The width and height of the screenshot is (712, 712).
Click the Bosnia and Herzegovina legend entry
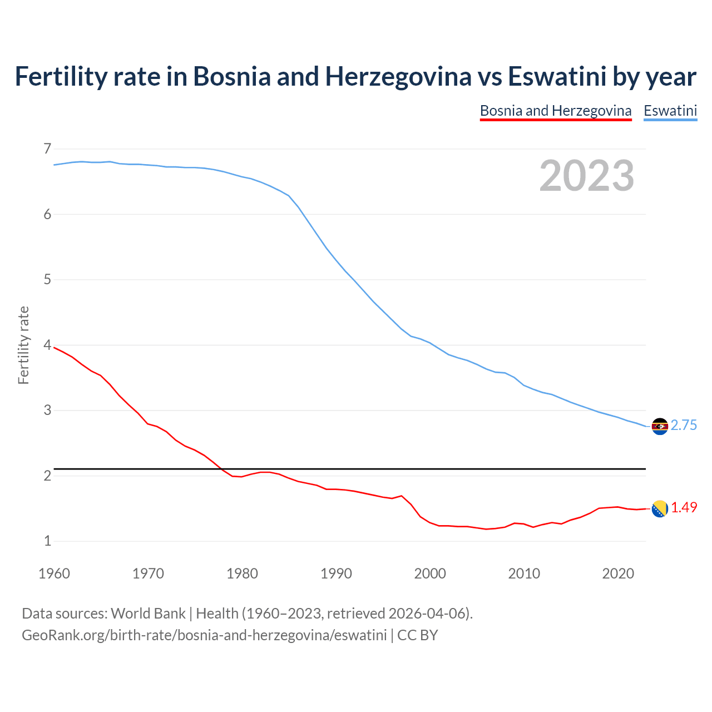(x=555, y=111)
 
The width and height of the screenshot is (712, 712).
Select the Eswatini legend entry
(x=670, y=111)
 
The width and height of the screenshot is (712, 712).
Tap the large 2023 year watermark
(x=586, y=176)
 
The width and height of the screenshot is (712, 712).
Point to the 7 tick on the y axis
(x=47, y=149)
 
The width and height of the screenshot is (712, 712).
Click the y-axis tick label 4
(x=47, y=345)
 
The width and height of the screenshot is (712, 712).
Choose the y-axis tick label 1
(x=47, y=541)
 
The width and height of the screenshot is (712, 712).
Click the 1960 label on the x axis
(x=54, y=573)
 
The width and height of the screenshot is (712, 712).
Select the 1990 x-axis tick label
(x=336, y=573)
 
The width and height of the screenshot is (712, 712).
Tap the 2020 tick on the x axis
(x=618, y=573)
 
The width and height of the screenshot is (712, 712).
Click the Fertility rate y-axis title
(x=23, y=345)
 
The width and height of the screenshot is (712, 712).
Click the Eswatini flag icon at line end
(x=660, y=426)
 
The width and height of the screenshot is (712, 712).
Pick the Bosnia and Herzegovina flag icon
(x=660, y=508)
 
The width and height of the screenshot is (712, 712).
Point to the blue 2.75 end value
(x=684, y=426)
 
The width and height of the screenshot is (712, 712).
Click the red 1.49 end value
(x=684, y=507)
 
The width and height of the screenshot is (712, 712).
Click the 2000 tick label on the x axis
(x=430, y=573)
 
